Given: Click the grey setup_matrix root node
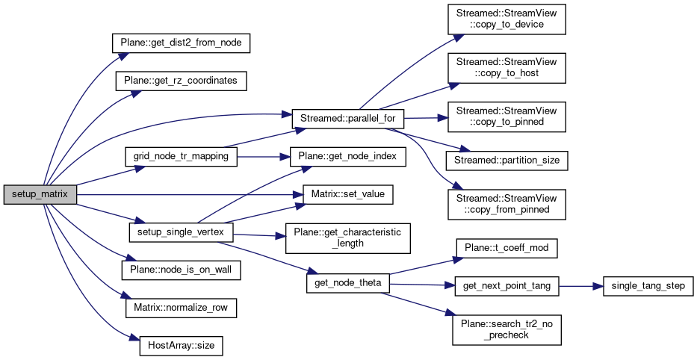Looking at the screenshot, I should [40, 194].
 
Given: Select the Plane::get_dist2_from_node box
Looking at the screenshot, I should [180, 43].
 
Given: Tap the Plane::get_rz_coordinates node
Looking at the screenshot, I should [180, 79].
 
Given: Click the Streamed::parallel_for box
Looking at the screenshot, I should [347, 117].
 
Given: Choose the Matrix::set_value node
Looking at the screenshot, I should [347, 194].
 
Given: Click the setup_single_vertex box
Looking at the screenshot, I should [180, 232].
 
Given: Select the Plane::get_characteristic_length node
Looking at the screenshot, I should [347, 238].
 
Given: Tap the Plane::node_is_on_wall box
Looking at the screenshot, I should [180, 270].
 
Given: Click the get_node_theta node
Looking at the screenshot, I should [347, 285].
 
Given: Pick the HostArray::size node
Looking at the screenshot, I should [180, 347].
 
